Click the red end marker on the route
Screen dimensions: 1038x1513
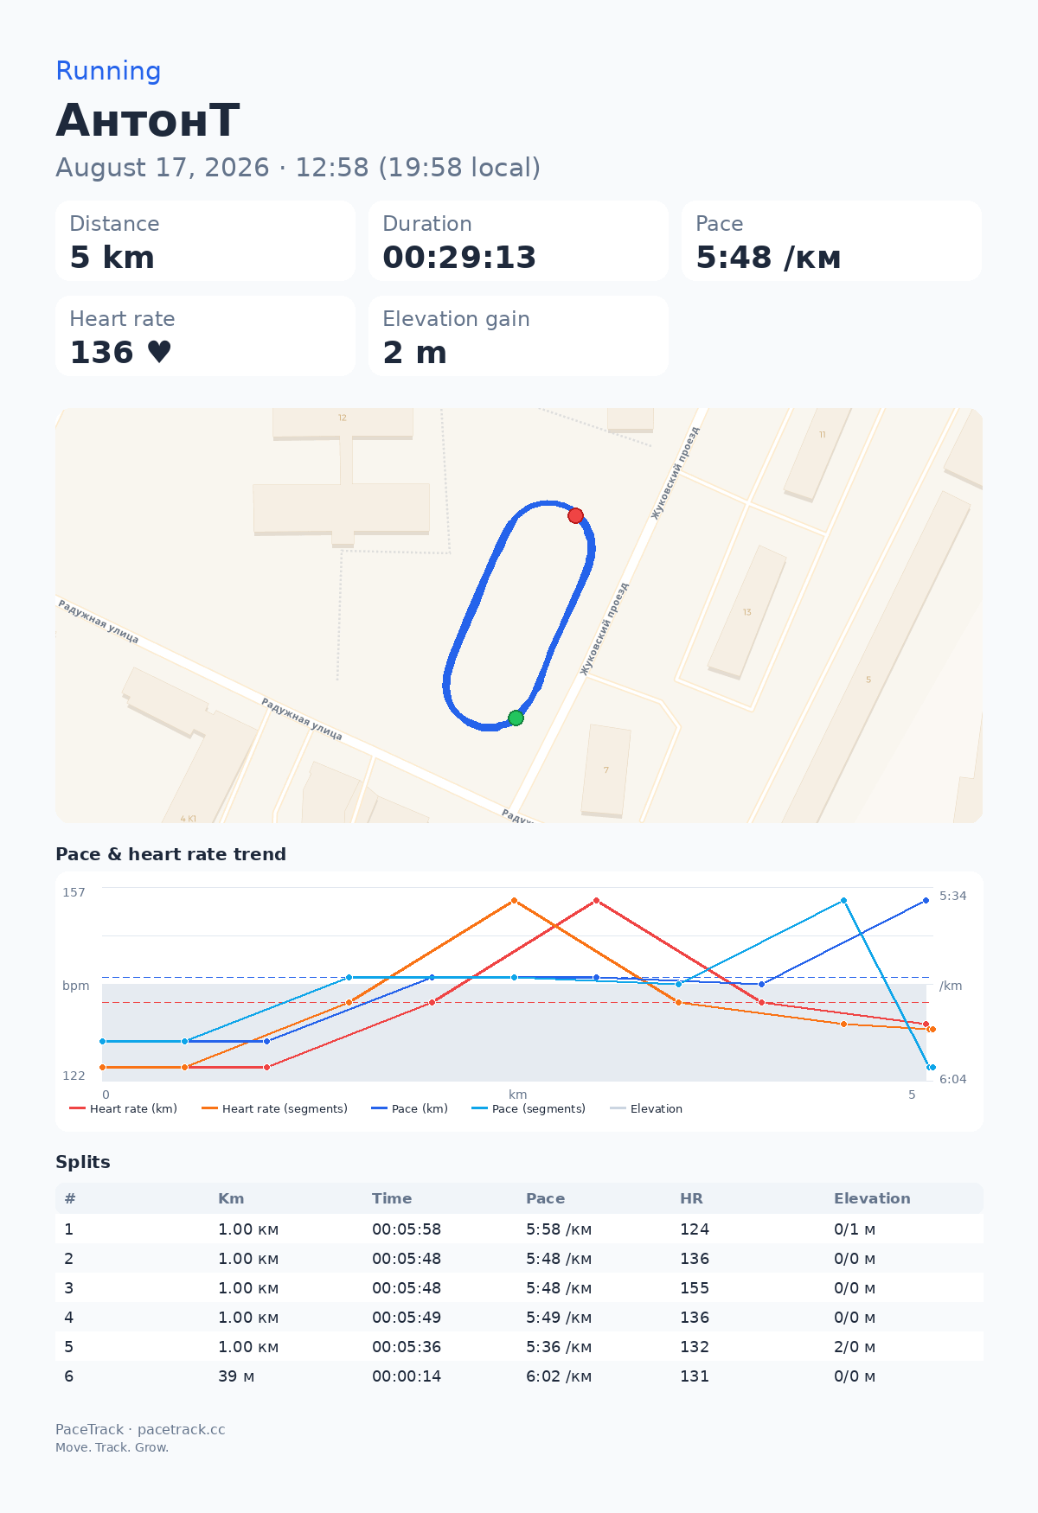click(x=575, y=516)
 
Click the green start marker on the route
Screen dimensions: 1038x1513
click(x=516, y=718)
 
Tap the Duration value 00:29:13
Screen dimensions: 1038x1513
click(x=459, y=258)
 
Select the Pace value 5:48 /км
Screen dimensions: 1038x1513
click(x=768, y=258)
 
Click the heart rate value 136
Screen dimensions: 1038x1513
click(x=102, y=353)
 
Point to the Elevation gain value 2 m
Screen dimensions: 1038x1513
click(x=414, y=353)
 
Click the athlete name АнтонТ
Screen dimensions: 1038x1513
click(x=148, y=120)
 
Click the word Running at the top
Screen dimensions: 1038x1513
click(x=108, y=71)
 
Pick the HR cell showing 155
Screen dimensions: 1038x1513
click(x=695, y=1288)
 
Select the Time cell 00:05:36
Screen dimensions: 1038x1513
click(x=407, y=1347)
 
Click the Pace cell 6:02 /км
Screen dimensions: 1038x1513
click(x=559, y=1376)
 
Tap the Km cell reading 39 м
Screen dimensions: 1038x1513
click(x=236, y=1376)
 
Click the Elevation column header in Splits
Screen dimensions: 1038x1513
click(x=872, y=1198)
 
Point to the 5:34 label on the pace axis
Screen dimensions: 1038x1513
click(x=953, y=896)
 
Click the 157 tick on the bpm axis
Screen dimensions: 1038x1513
click(x=74, y=892)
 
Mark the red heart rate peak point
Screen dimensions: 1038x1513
click(x=596, y=901)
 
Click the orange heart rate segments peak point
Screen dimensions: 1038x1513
click(x=514, y=901)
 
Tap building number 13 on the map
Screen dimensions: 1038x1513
click(x=747, y=612)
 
